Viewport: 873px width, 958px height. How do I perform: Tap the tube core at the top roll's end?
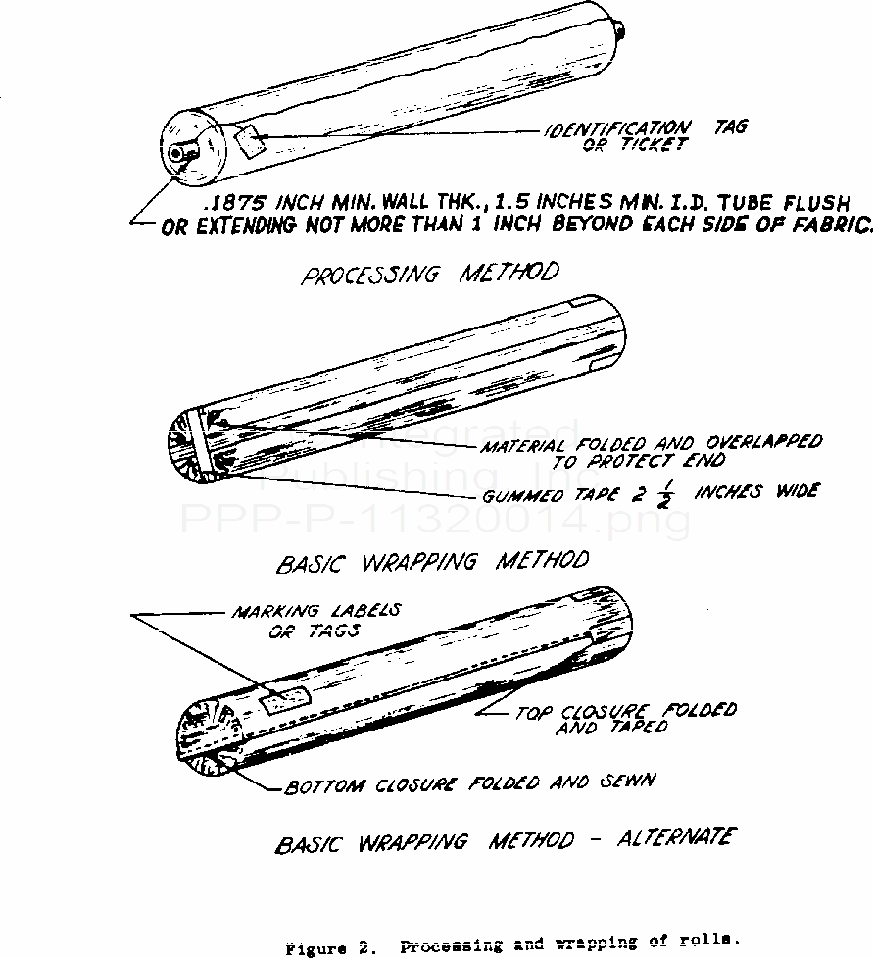coord(179,154)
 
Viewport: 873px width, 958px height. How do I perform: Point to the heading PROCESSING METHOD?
coord(430,274)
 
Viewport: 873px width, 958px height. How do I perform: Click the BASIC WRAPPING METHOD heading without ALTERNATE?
coord(433,563)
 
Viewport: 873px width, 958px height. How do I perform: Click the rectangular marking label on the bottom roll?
coord(285,699)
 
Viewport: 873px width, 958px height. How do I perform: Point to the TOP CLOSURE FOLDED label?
coord(626,711)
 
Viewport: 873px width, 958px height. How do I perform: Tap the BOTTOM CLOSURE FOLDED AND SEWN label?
coord(470,783)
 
